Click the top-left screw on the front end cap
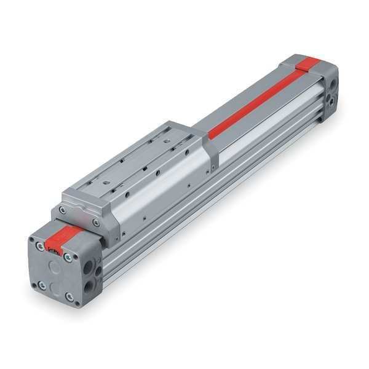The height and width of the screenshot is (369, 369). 40,246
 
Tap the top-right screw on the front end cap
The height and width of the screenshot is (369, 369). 68,258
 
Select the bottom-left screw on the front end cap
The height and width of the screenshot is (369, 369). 41,285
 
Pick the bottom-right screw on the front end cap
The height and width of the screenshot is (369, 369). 69,298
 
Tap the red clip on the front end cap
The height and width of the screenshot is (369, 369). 61,237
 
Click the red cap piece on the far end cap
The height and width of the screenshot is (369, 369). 307,62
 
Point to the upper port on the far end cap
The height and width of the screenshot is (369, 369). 333,82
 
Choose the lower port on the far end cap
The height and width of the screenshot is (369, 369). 332,98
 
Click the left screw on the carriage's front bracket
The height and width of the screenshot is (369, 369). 63,210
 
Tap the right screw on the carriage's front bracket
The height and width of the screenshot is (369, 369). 95,223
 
